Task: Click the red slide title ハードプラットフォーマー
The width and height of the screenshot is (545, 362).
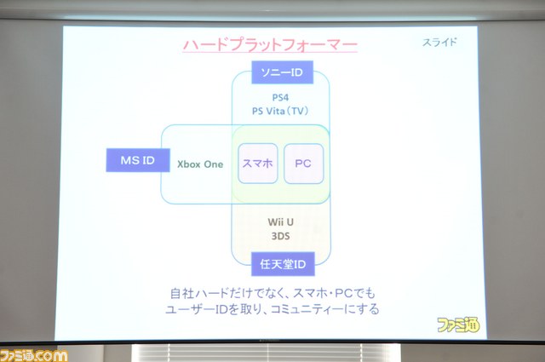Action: tap(270, 45)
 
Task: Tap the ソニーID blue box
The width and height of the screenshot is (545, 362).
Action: tap(282, 72)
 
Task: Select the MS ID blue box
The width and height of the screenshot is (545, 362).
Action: tap(138, 160)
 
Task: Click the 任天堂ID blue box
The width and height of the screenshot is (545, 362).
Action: tap(283, 264)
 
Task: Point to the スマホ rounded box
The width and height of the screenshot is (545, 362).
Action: tap(258, 164)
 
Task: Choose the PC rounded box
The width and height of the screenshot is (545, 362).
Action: tap(303, 164)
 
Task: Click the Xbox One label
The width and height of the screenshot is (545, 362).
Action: tap(200, 164)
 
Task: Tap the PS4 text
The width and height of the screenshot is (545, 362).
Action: tap(280, 97)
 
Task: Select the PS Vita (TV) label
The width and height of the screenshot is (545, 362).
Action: tap(280, 111)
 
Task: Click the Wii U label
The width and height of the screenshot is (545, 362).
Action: tap(280, 221)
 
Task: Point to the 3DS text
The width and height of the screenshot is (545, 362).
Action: tap(280, 236)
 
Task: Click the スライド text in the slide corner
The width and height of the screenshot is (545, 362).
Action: tap(439, 43)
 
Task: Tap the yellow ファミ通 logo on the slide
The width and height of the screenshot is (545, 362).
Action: tap(458, 325)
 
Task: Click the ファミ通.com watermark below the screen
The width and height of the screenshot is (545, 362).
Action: tap(34, 355)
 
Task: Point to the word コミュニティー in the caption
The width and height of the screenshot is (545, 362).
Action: tap(307, 309)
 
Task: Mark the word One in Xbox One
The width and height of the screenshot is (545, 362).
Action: tap(214, 164)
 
